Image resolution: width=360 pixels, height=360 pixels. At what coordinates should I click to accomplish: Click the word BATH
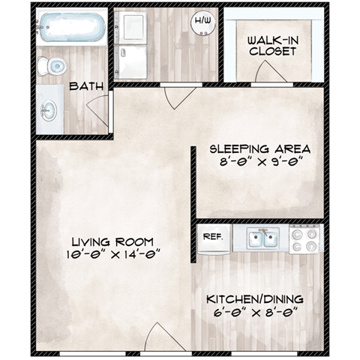tap(87, 87)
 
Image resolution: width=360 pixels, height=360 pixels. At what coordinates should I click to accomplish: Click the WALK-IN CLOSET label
tap(272, 46)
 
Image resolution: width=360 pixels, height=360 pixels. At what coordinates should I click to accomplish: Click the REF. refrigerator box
tap(211, 236)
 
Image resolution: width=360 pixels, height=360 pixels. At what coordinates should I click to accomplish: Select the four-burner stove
tap(304, 240)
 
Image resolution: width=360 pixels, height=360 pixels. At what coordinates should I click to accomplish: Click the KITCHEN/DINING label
tap(256, 300)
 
